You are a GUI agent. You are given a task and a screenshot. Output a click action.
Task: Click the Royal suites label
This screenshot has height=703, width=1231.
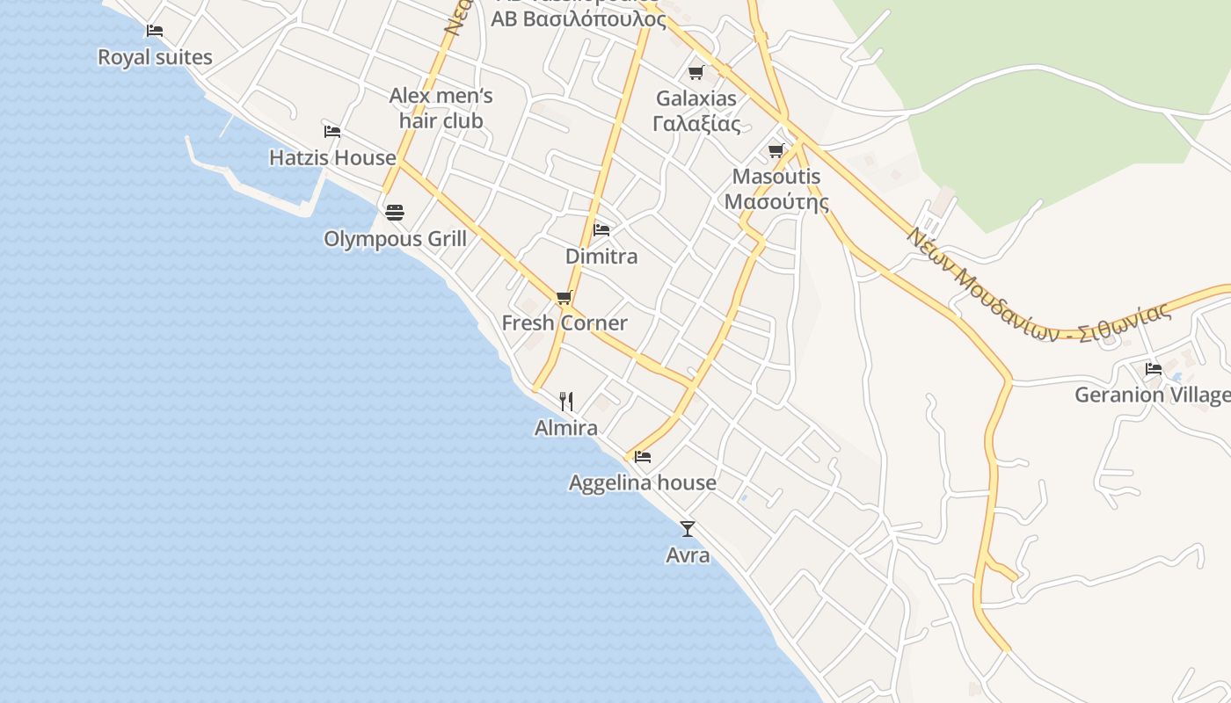[x=155, y=58]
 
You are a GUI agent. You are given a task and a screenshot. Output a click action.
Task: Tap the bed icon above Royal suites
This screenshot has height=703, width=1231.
[x=155, y=31]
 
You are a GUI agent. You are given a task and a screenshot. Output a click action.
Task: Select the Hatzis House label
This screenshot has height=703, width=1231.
[x=332, y=158]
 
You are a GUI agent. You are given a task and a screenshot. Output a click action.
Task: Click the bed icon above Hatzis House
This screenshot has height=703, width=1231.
[x=331, y=132]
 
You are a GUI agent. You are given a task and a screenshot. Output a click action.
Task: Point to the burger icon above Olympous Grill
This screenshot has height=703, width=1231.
[x=394, y=212]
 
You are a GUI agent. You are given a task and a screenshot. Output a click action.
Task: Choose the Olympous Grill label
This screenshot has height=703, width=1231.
[x=395, y=239]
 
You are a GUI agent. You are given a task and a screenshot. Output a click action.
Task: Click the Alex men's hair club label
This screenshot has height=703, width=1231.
[x=441, y=108]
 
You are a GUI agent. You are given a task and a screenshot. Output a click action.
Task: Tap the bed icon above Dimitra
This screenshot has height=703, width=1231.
[x=601, y=230]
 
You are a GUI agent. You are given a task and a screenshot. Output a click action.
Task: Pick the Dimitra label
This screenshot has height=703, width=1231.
[x=601, y=257]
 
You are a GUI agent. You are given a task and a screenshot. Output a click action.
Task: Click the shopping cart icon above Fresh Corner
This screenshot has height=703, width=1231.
[x=564, y=297]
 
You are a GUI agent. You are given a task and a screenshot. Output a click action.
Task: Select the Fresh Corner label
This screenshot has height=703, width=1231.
[x=565, y=323]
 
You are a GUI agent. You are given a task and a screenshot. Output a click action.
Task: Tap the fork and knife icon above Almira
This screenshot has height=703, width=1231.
[x=566, y=402]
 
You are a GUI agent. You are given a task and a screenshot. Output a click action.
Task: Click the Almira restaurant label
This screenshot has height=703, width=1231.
[x=566, y=428]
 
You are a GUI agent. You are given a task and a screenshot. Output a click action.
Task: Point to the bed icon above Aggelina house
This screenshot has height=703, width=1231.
[x=643, y=457]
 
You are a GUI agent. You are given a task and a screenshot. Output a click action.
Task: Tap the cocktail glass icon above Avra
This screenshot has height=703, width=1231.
[x=688, y=528]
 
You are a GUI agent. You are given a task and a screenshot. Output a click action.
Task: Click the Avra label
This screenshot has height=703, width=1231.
[x=688, y=555]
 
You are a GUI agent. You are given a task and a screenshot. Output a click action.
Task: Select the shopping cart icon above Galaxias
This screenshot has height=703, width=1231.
[x=696, y=72]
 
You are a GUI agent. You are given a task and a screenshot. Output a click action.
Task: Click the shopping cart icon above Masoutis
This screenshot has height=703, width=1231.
[x=776, y=151]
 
